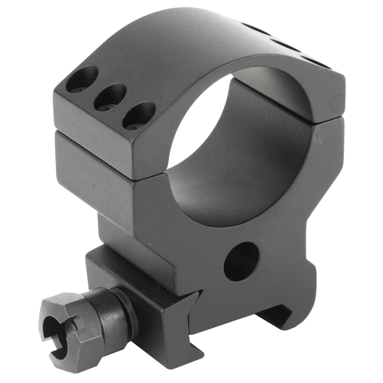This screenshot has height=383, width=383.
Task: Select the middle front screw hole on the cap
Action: (110, 96)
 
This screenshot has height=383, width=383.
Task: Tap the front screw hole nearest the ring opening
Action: (139, 115)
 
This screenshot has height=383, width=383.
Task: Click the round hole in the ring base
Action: (241, 261)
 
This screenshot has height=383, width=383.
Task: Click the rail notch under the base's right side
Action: (277, 314)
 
